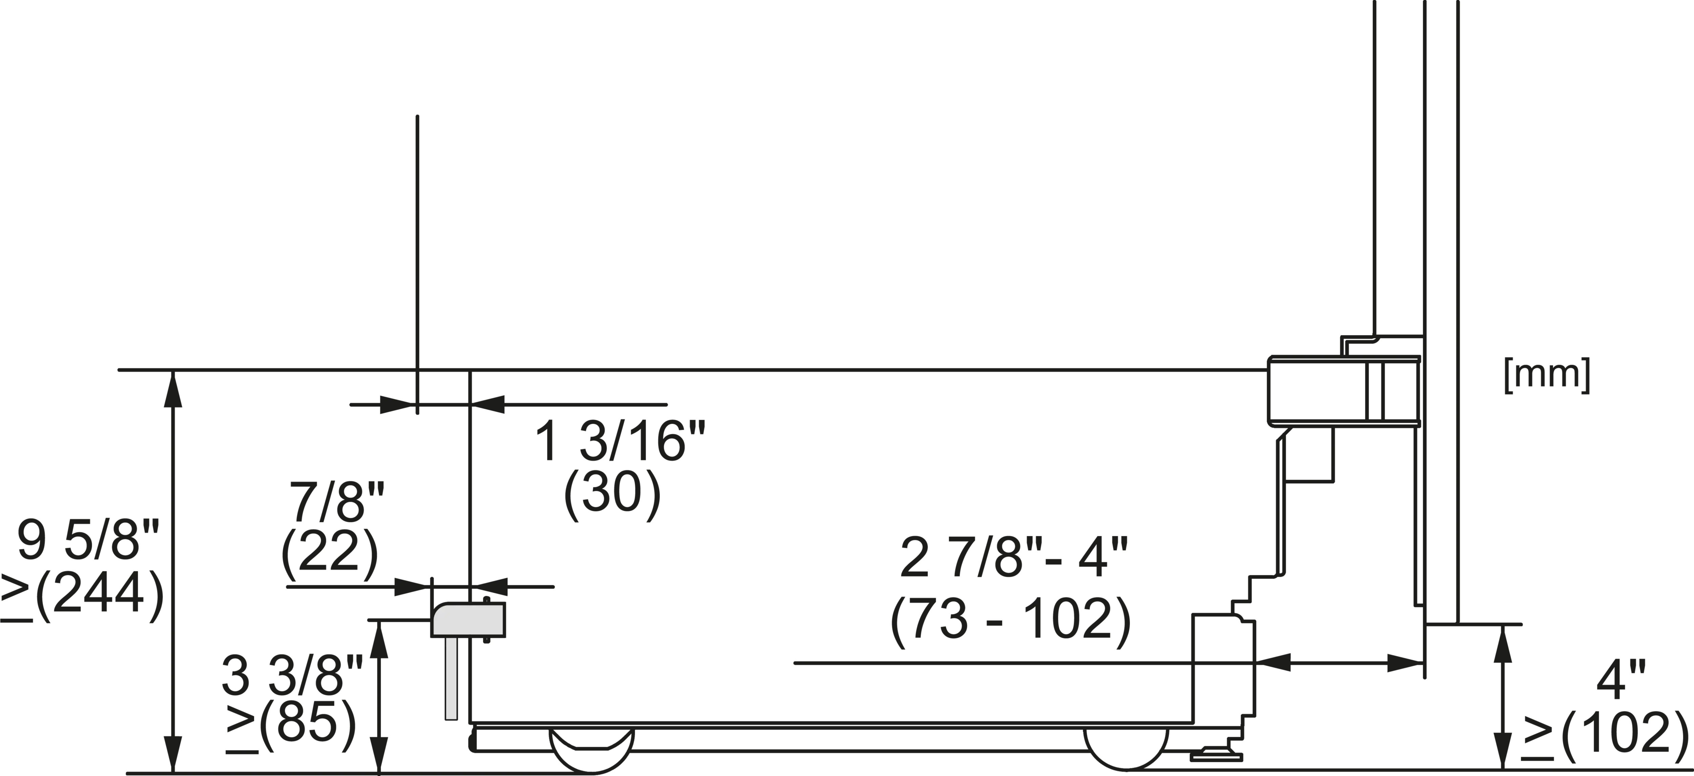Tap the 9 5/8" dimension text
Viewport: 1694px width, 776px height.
(88, 540)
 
